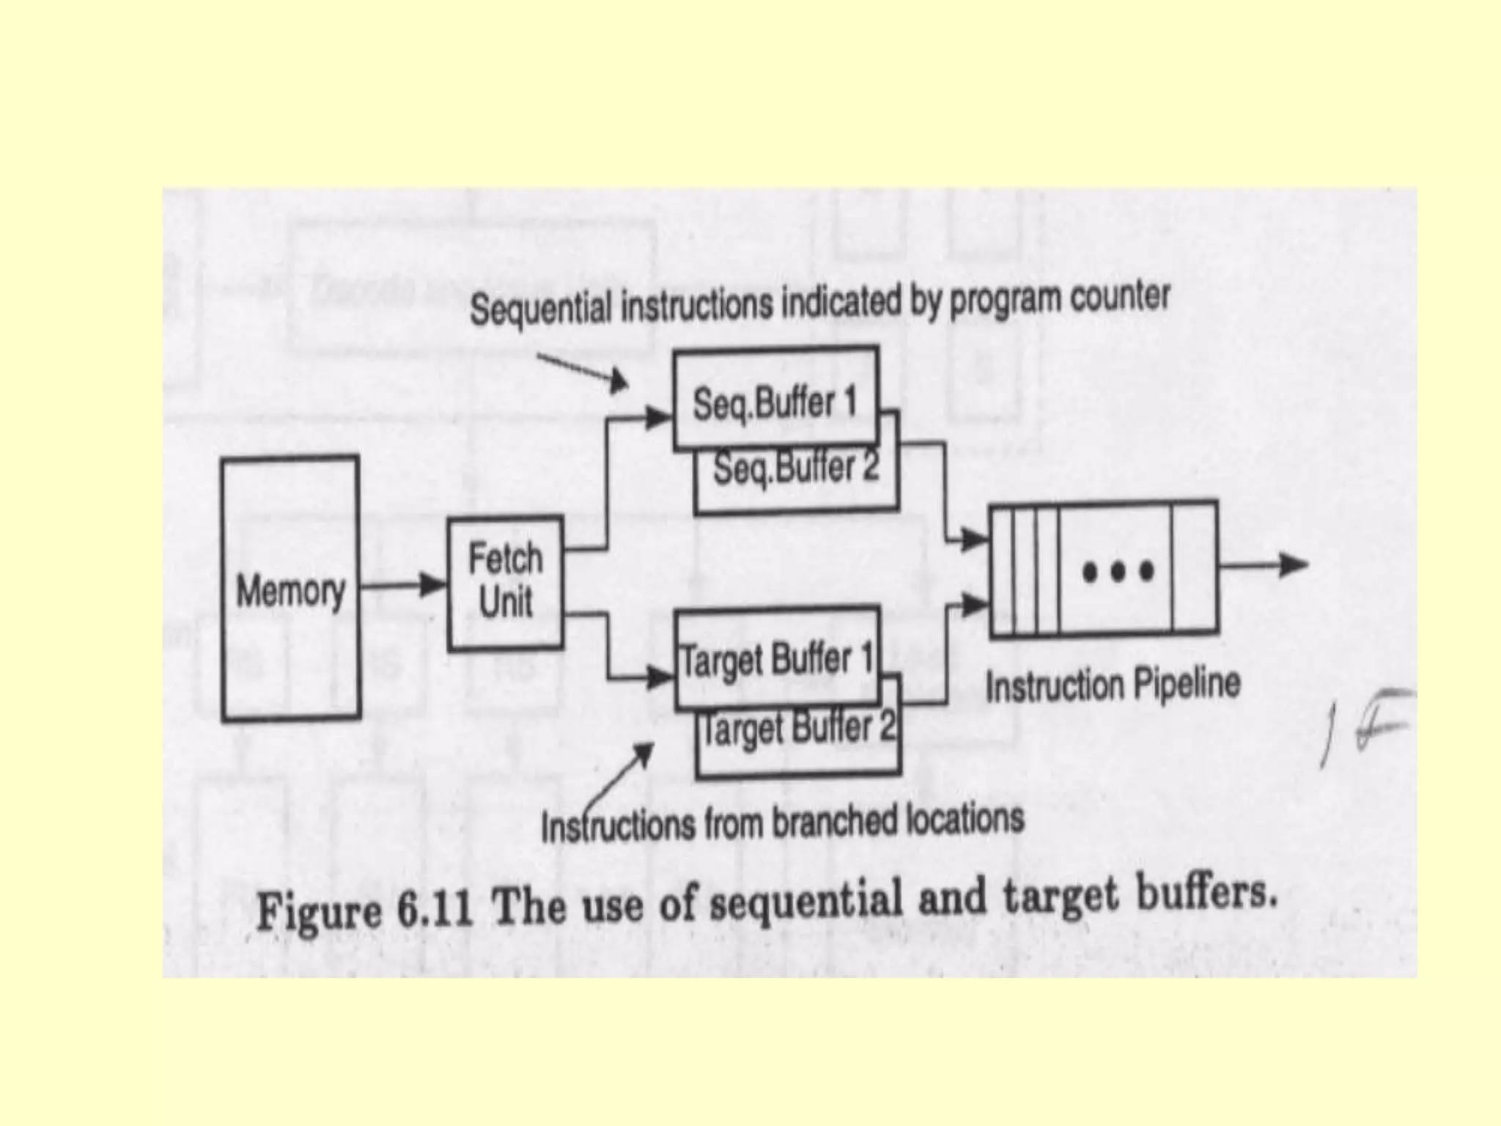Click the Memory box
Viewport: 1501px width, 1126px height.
click(290, 587)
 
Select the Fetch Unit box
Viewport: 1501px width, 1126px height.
click(505, 583)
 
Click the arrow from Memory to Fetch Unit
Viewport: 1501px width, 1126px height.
click(403, 585)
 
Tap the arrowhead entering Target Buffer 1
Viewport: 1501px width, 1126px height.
click(660, 677)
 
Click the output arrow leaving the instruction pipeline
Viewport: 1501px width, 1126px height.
click(1264, 564)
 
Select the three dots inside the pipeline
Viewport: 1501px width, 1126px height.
click(1118, 571)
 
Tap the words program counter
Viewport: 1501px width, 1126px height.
click(1059, 298)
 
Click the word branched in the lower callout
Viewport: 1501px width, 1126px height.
click(836, 821)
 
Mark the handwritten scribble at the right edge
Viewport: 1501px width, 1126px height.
click(1368, 725)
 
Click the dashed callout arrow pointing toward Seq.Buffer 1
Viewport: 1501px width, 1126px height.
click(583, 371)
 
